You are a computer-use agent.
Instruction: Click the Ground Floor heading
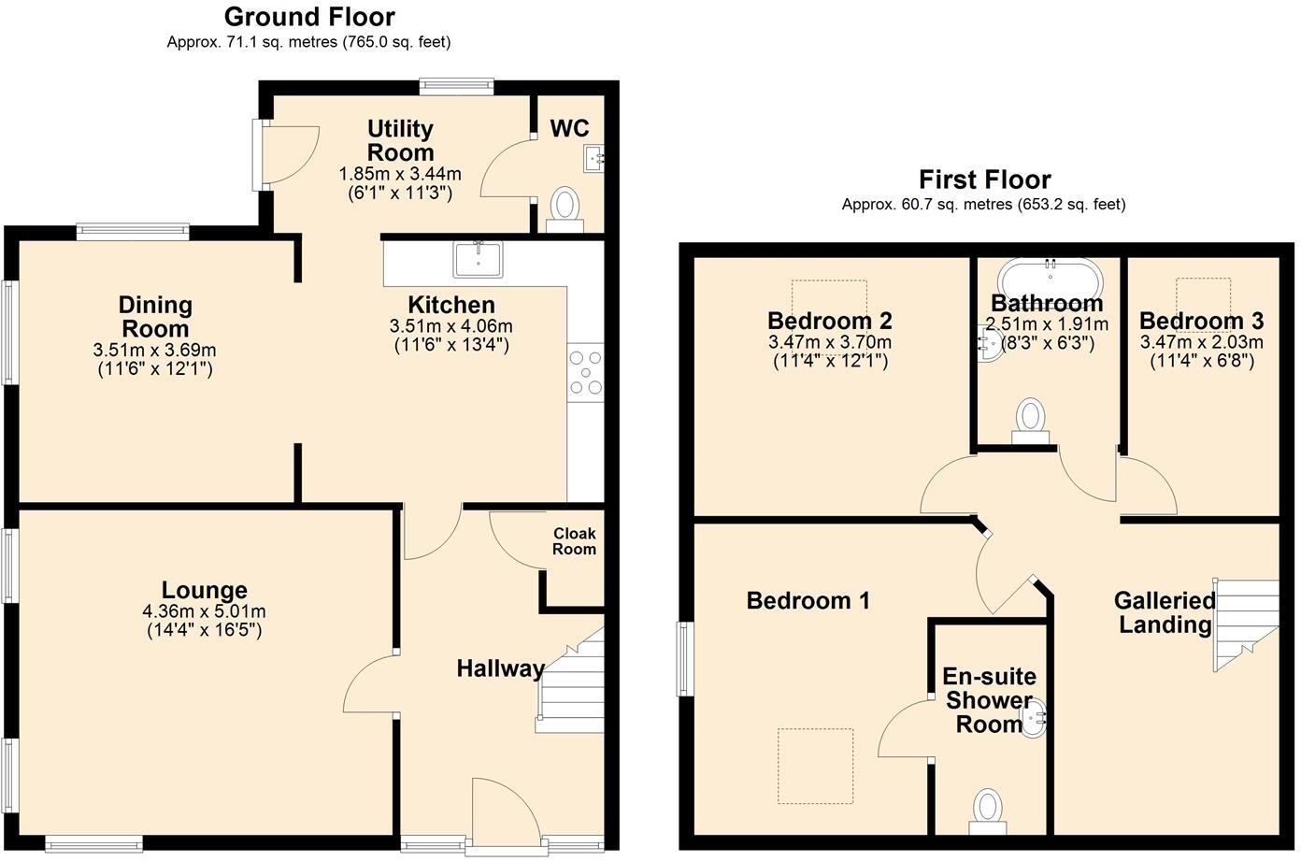coord(309,17)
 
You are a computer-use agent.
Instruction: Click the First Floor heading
coord(984,179)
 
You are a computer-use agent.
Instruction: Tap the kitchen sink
coord(478,259)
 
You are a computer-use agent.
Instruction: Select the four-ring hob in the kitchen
coord(586,371)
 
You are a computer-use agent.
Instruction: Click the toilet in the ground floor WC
coord(565,207)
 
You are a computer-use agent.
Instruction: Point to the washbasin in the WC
coord(594,158)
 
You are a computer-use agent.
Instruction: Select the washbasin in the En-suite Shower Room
coord(1035,720)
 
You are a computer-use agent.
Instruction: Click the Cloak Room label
coord(574,541)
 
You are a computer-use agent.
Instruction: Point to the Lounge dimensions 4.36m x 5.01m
coord(204,611)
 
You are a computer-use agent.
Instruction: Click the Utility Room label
coord(400,140)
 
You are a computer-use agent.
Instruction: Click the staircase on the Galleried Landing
coord(1245,623)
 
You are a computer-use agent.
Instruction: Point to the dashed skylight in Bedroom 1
coord(815,766)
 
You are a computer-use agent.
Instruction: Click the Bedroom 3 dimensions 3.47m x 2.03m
coord(1201,343)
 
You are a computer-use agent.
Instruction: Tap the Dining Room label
coord(155,316)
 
